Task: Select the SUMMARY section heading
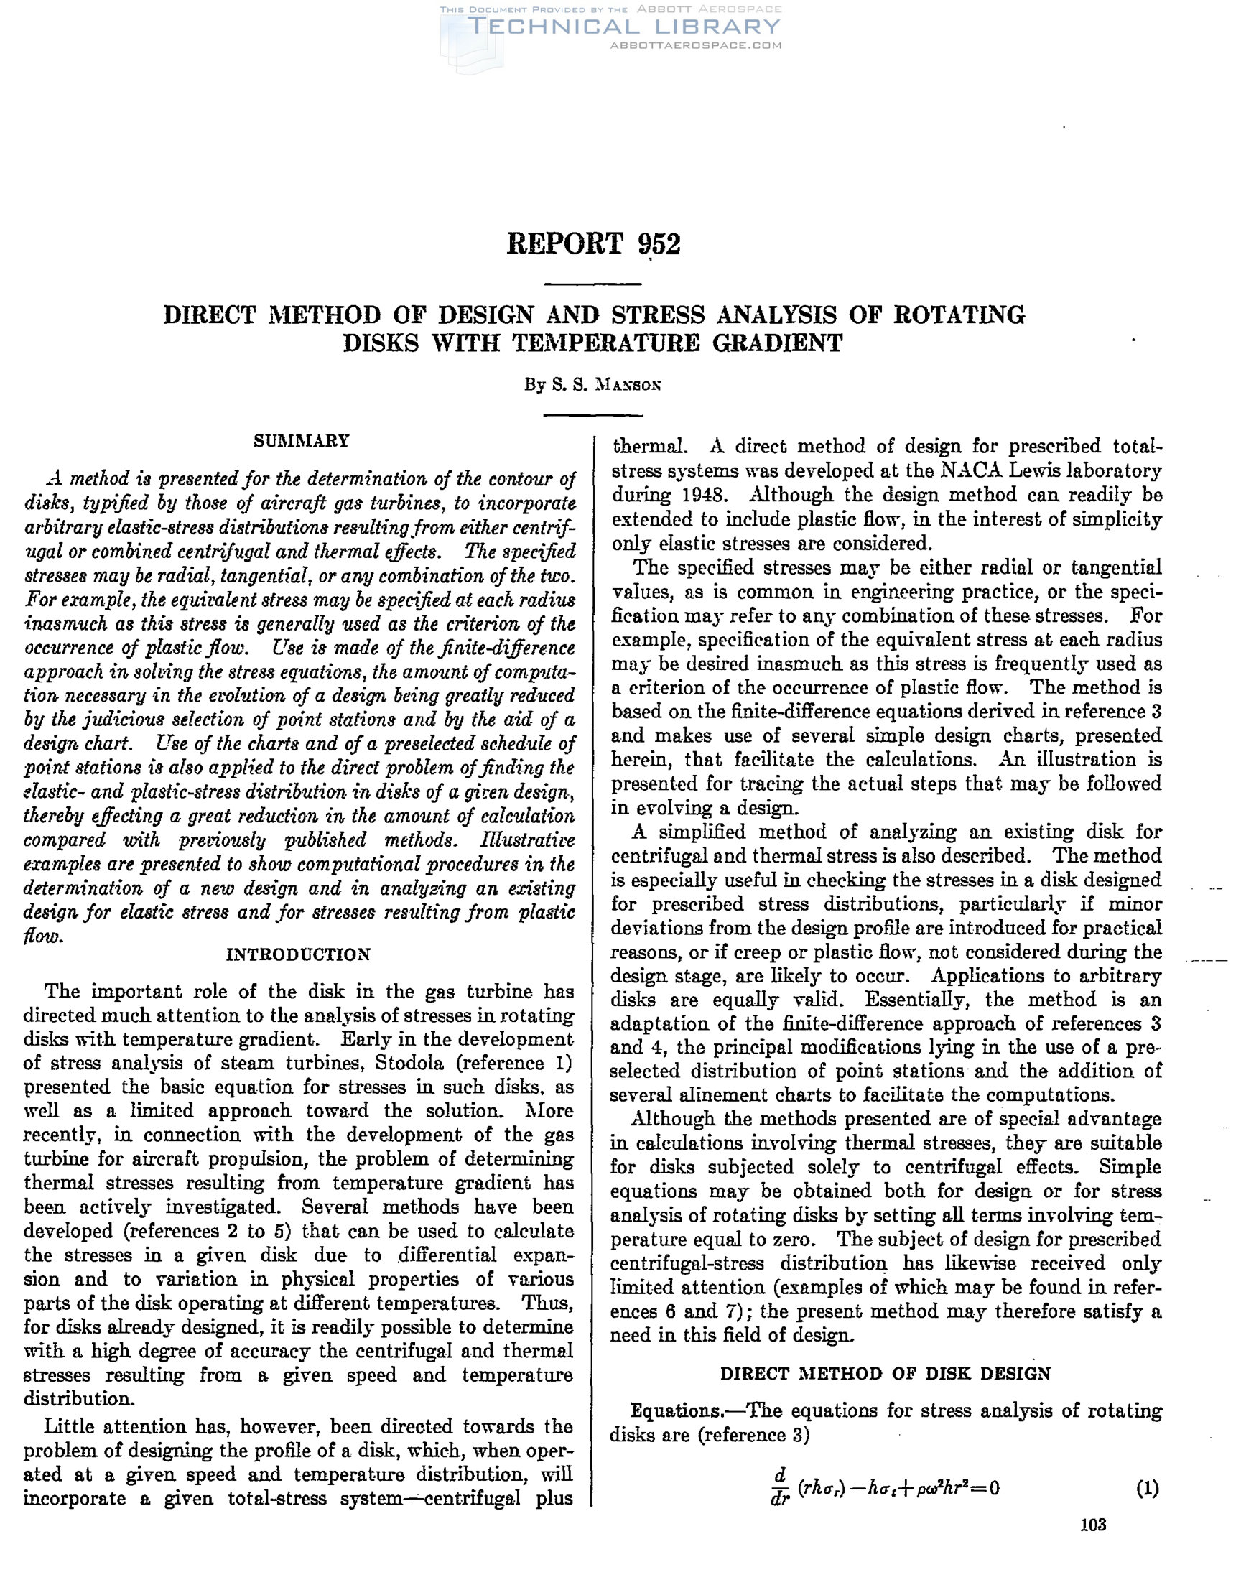(x=302, y=440)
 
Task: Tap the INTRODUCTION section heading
(x=299, y=954)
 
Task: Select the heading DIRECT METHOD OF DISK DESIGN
(x=886, y=1373)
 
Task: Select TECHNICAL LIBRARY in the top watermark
(x=623, y=27)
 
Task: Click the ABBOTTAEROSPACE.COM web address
(x=695, y=45)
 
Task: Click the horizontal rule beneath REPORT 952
(x=592, y=284)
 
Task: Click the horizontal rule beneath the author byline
(x=593, y=416)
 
